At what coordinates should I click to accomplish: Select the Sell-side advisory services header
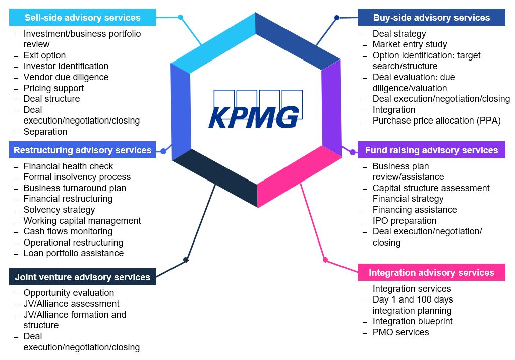(x=83, y=18)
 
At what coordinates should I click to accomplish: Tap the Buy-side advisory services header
(x=431, y=18)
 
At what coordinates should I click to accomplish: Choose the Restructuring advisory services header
(x=83, y=150)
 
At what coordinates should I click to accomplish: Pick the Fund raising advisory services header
(x=431, y=150)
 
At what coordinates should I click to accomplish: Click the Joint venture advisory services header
(x=83, y=277)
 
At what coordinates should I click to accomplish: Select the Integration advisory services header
(x=431, y=273)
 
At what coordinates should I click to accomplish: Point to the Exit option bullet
(x=44, y=55)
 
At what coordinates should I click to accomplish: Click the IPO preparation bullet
(x=405, y=221)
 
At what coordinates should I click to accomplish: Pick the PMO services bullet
(x=400, y=332)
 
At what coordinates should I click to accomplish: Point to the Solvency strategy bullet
(x=59, y=210)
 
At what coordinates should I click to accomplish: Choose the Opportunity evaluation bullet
(x=69, y=293)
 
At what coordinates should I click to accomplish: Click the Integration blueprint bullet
(x=413, y=321)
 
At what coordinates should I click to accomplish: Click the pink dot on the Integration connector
(x=325, y=260)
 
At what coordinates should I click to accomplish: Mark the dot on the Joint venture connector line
(x=186, y=260)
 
